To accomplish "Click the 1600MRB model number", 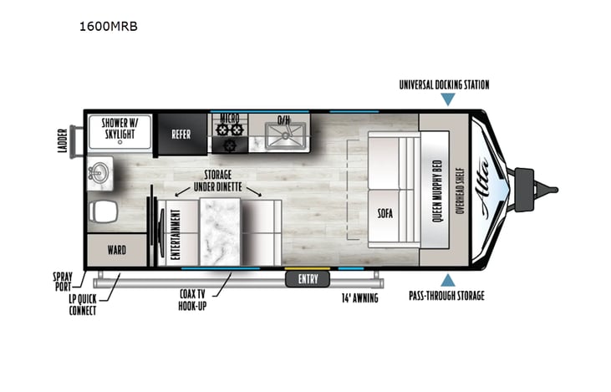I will pos(107,26).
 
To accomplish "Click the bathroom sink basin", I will pos(98,174).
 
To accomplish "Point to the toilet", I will pos(103,211).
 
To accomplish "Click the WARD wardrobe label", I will pos(116,249).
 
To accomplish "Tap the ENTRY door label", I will pos(308,279).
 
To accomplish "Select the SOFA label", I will pos(385,212).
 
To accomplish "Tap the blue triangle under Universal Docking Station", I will pos(448,99).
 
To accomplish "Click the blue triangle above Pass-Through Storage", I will pos(448,279).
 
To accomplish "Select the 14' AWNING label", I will pos(359,298).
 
